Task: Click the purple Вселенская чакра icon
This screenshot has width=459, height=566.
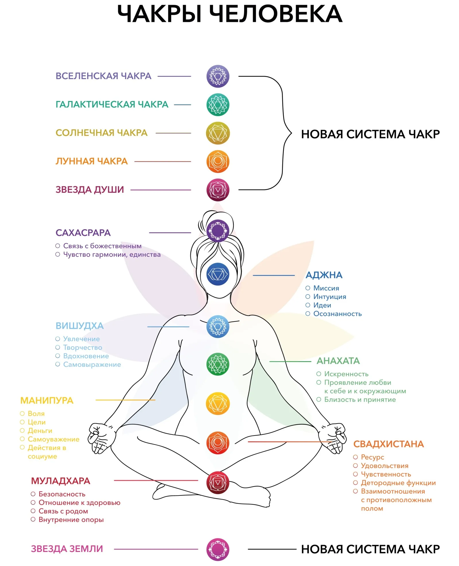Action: (218, 76)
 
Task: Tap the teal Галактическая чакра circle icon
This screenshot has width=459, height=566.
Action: (218, 105)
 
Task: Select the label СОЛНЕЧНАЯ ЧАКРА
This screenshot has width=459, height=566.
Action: (101, 133)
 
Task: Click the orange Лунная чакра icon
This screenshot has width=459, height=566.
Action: (218, 161)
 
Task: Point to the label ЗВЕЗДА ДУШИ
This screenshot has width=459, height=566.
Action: (90, 190)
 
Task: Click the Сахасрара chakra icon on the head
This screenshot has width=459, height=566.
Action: (218, 231)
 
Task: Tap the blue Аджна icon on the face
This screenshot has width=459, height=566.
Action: (218, 274)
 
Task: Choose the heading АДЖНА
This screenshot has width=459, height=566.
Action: (324, 275)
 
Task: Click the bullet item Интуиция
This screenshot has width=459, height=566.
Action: (330, 297)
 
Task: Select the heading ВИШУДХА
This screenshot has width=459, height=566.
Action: (79, 326)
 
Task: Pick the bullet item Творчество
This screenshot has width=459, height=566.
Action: (83, 347)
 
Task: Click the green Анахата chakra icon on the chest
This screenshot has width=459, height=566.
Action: (218, 364)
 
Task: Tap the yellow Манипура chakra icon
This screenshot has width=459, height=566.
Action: (218, 404)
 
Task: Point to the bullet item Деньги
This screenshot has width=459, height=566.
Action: (40, 431)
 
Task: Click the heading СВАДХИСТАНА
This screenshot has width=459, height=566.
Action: (388, 444)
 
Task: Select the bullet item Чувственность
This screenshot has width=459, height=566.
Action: (386, 474)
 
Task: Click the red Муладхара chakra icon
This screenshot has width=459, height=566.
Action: (218, 483)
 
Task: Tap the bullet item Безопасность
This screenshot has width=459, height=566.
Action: (62, 494)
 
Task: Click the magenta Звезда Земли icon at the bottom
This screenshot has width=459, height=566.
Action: (218, 549)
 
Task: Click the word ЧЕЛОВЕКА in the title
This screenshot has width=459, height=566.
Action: (276, 14)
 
